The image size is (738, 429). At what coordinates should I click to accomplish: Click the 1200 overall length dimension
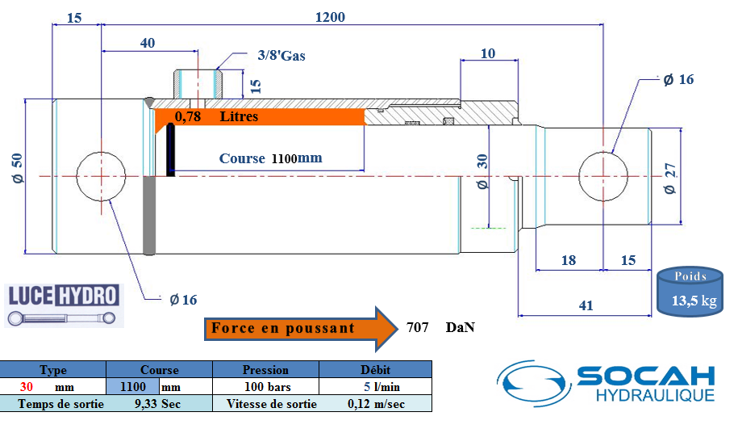point(330,17)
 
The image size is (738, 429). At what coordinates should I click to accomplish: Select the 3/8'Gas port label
point(281,56)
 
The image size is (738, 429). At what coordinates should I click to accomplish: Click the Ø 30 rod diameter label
point(483,171)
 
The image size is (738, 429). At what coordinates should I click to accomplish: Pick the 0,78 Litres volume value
point(188,116)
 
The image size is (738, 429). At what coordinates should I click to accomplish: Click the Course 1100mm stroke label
point(270,158)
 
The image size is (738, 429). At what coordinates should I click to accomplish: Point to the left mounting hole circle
point(102,175)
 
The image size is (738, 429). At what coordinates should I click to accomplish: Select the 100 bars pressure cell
point(265,387)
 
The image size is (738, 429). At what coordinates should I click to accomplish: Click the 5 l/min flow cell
point(376,387)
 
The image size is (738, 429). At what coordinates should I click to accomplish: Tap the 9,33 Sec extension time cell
point(159,404)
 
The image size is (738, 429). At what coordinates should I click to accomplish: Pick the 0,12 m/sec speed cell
point(376,404)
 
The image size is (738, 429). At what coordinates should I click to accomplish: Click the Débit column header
point(376,370)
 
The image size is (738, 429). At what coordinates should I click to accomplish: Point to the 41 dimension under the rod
point(586,305)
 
